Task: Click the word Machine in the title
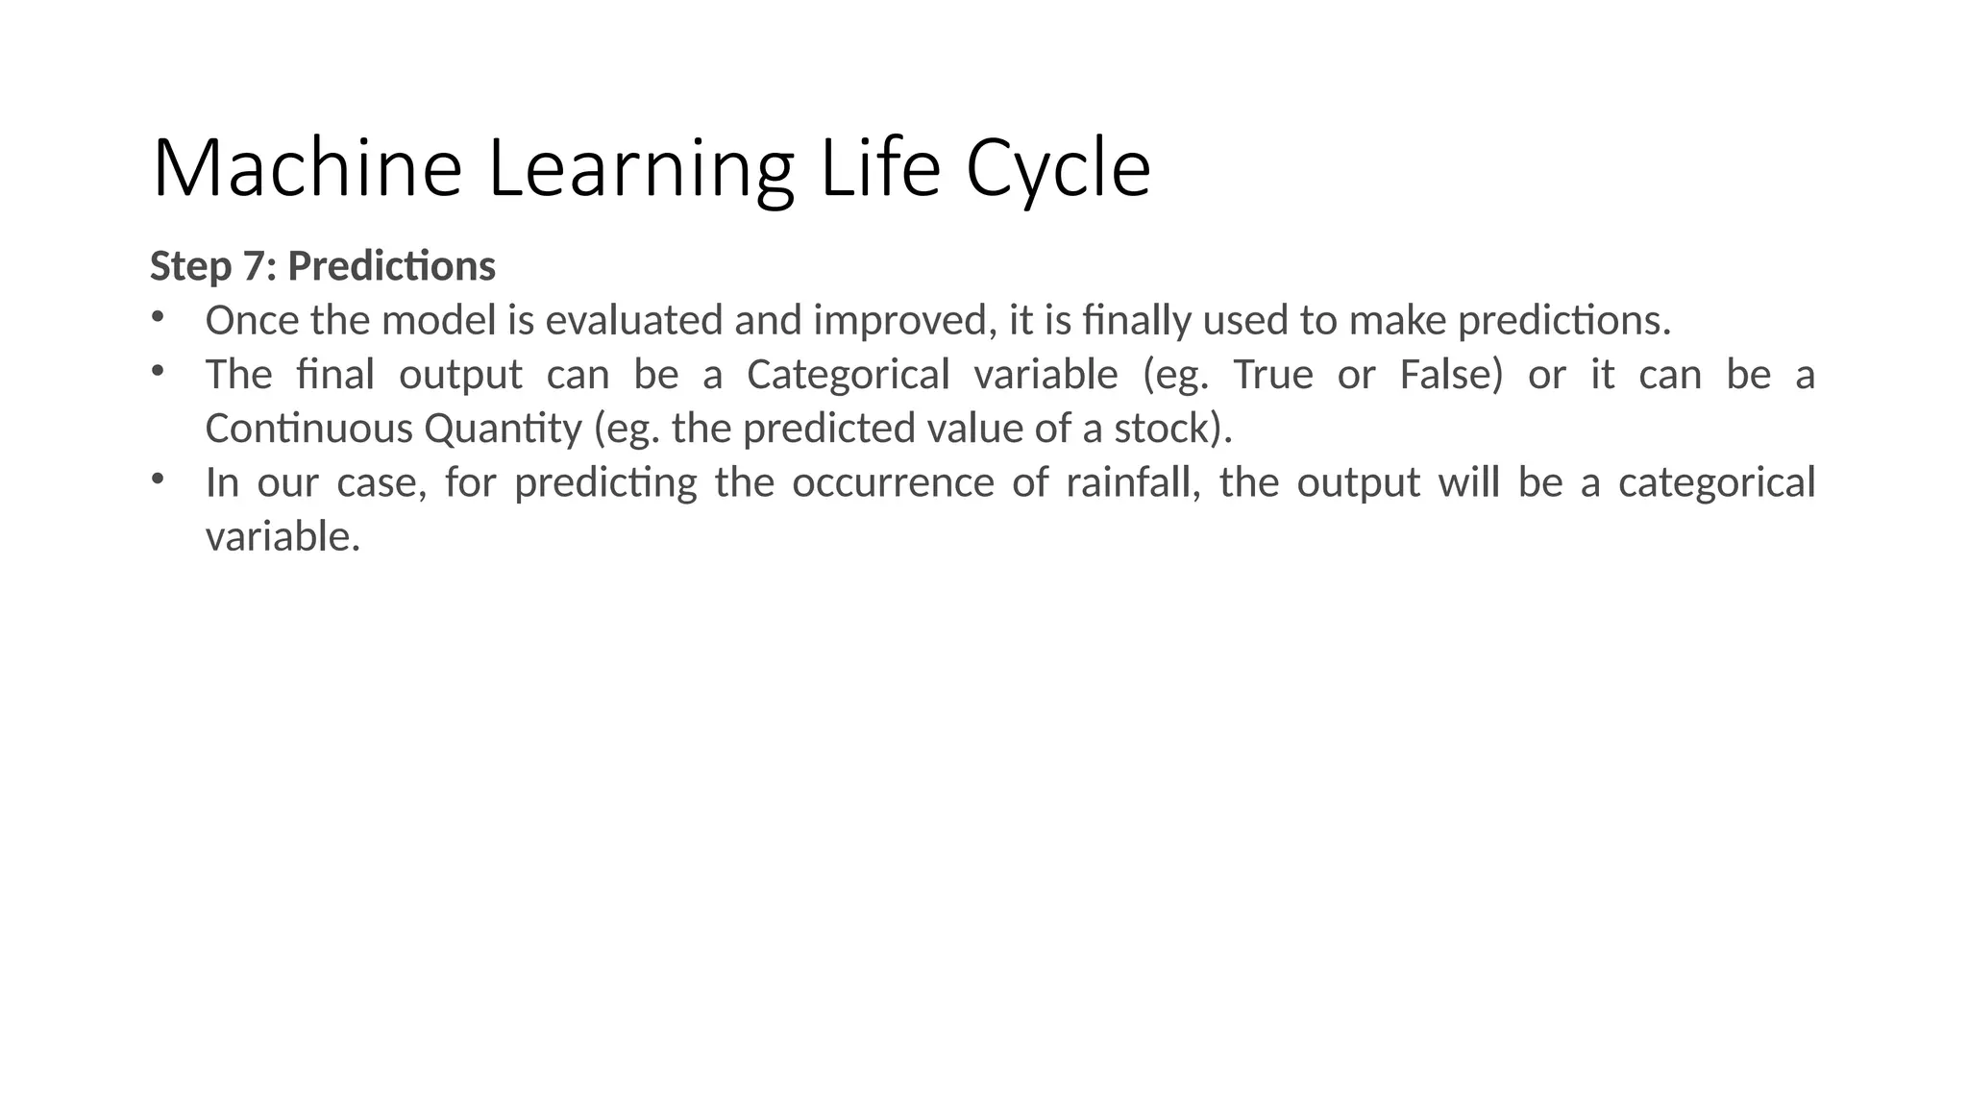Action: tap(307, 169)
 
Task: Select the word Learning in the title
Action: tap(641, 169)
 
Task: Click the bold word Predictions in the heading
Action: tap(391, 266)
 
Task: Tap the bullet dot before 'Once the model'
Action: tap(158, 315)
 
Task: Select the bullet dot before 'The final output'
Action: tap(158, 369)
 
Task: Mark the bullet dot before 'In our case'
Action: tap(158, 477)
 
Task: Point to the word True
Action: tap(1272, 374)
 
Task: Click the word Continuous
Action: tap(309, 428)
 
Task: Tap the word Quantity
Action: tap(503, 428)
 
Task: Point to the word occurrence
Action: tap(893, 481)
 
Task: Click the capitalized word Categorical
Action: tap(849, 374)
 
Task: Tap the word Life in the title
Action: tap(879, 169)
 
